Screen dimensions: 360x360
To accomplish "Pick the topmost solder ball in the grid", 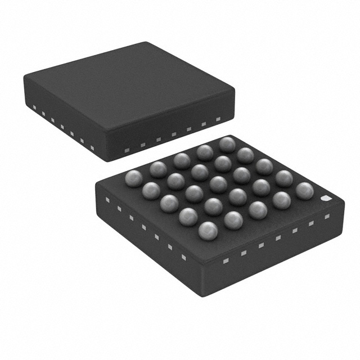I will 227,144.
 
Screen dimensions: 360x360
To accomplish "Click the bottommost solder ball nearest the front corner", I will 208,230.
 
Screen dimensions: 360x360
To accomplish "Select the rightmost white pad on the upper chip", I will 218,119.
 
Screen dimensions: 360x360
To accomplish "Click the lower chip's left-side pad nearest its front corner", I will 183,257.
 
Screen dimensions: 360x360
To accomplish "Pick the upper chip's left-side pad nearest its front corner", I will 92,148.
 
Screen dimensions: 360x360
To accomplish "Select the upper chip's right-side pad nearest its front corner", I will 127,150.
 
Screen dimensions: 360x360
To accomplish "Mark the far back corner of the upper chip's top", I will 147,43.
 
